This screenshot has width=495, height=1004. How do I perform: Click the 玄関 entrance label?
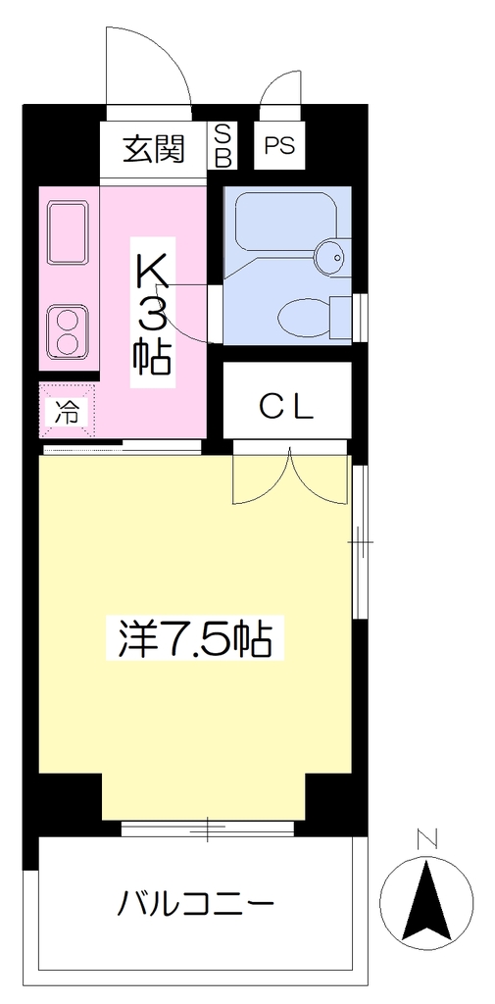coord(154,149)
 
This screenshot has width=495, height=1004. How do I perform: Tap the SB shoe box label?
coord(223,146)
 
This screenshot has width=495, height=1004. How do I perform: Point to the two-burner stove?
coord(68,331)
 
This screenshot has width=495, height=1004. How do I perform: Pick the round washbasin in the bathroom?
coord(333,257)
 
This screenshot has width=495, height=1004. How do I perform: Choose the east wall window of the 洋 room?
coord(361,541)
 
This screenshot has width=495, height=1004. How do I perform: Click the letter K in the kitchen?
coord(152,271)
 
